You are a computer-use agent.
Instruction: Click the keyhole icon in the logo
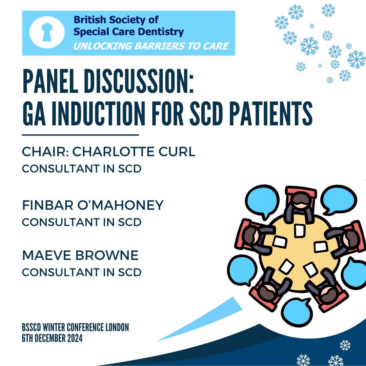(x=47, y=33)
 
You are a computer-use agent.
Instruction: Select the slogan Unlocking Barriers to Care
(x=151, y=46)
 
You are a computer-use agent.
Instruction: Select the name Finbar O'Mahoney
(x=93, y=205)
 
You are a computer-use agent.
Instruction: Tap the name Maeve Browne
(x=80, y=256)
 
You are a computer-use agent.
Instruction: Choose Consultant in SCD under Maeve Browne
(x=82, y=272)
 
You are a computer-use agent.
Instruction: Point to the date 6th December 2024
(x=52, y=338)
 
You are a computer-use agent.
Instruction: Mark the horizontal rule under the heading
(x=80, y=135)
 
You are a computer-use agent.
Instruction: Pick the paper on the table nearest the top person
(x=299, y=230)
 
